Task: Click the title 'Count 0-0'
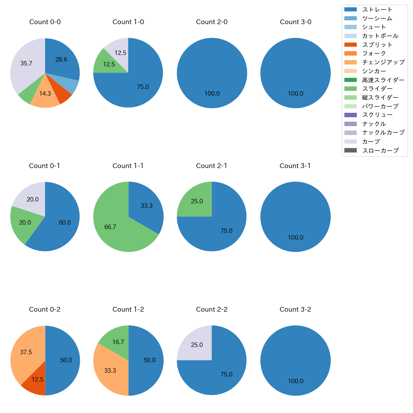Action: tap(45, 22)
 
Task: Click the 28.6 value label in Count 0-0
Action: tap(61, 59)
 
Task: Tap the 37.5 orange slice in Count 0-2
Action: tap(25, 353)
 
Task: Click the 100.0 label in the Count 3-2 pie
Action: tap(295, 381)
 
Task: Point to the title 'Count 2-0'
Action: tap(212, 22)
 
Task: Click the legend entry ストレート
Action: tap(377, 10)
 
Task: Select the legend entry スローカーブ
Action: tap(380, 151)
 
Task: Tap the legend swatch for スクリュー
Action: tap(350, 115)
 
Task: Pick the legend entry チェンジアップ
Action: tap(383, 62)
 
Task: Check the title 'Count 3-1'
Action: tap(295, 166)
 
